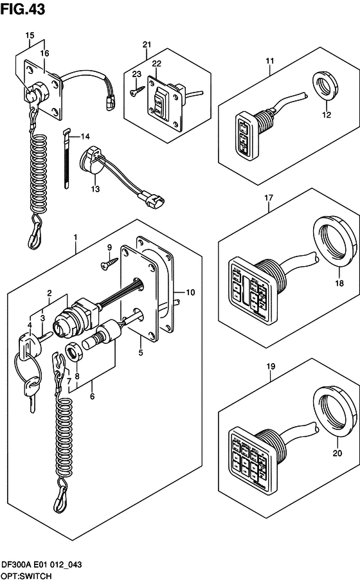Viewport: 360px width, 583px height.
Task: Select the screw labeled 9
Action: coord(107,261)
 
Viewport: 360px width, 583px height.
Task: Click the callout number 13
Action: coord(95,190)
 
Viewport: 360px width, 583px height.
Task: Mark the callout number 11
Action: coord(269,61)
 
